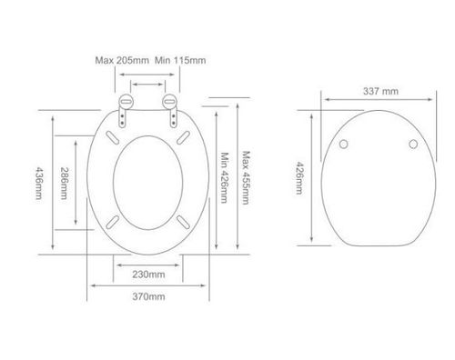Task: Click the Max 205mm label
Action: [122, 60]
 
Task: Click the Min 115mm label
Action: [180, 60]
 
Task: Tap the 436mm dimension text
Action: [39, 183]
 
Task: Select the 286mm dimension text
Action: [64, 183]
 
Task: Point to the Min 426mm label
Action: [224, 177]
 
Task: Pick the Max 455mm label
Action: [246, 178]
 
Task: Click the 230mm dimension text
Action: [148, 275]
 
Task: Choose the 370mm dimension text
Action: [148, 296]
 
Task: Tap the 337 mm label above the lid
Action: [380, 91]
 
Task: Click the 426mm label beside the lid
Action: [299, 178]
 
